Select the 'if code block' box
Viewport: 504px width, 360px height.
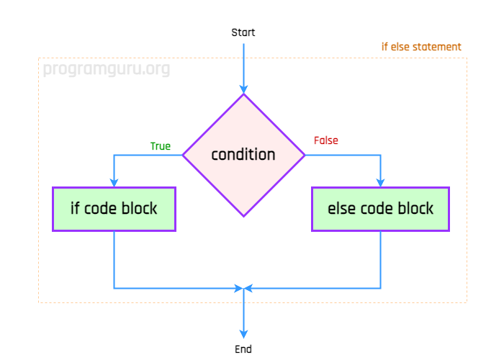114,209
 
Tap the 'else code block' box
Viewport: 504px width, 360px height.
380,209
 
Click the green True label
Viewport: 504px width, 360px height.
160,146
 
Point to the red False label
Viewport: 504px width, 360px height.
325,140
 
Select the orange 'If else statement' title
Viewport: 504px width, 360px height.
421,47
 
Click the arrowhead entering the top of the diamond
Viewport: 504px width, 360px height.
243,89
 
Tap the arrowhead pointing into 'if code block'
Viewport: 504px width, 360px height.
114,182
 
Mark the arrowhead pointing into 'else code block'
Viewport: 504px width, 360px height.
380,182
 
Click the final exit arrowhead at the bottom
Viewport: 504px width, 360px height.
243,333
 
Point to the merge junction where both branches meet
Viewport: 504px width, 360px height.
243,288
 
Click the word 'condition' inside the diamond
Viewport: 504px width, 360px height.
243,155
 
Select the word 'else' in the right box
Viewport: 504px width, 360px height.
340,209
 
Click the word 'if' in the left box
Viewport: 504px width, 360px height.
75,209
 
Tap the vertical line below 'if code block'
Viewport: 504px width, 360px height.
114,259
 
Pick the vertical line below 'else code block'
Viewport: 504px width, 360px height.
380,259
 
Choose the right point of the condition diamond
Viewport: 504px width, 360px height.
304,155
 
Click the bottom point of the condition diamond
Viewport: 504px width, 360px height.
243,215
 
